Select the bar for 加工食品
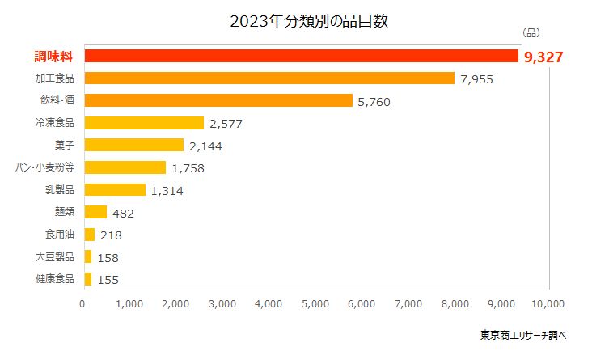269,78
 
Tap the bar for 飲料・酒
218,101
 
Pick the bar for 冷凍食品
143,123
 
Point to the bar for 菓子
133,146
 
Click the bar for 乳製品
114,190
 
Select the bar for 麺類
95,212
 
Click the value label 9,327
543,57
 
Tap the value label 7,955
476,79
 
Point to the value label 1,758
188,168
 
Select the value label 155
108,279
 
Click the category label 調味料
54,57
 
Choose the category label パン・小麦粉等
45,167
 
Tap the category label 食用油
60,235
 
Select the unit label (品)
531,33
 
